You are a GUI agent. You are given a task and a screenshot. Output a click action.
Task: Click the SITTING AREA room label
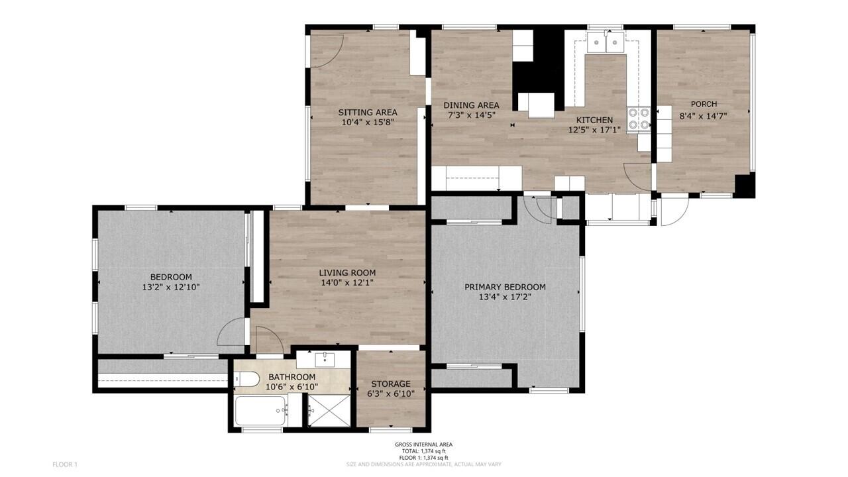[x=368, y=112]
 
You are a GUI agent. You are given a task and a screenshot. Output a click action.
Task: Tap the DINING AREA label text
[x=471, y=105]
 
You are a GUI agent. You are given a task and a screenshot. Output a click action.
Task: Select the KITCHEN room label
[x=594, y=120]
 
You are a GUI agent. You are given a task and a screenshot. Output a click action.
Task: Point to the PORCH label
[x=704, y=104]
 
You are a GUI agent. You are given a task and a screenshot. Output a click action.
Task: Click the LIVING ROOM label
[x=347, y=272]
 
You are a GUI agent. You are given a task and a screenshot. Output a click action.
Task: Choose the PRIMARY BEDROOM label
[x=505, y=287]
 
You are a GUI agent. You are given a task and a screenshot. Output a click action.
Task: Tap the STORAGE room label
[x=390, y=384]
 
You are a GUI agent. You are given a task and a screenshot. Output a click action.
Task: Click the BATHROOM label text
[x=292, y=377]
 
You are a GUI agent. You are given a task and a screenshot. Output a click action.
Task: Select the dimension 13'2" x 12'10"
[x=171, y=288]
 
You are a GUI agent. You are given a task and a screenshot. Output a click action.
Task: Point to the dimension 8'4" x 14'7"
[x=704, y=115]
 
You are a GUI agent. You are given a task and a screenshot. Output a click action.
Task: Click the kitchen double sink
[x=607, y=43]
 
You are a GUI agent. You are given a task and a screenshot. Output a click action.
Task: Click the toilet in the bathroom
[x=247, y=380]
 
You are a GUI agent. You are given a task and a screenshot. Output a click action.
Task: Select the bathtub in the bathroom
[x=261, y=411]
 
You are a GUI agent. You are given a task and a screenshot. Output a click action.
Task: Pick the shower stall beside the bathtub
[x=330, y=411]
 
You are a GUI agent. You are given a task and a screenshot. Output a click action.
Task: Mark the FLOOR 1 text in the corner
[x=65, y=464]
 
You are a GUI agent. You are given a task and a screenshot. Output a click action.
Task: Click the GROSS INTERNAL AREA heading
[x=423, y=445]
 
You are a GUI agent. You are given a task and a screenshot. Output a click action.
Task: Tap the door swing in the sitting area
[x=327, y=50]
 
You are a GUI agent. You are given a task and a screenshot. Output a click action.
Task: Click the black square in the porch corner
[x=745, y=185]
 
